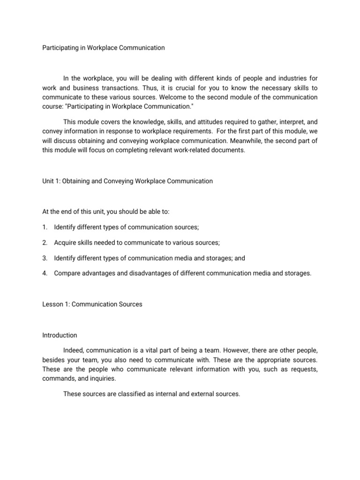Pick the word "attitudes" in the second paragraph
pos(192,120)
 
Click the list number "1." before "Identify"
pos(45,227)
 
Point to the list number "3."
pos(45,257)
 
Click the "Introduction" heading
pos(60,335)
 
